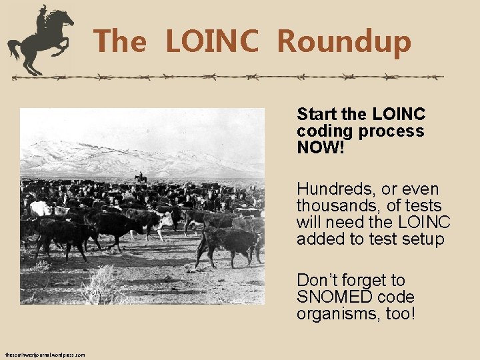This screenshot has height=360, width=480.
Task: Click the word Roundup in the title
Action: coord(344,41)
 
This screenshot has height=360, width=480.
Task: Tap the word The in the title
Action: coord(120,41)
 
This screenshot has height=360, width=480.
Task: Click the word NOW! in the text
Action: coord(321,147)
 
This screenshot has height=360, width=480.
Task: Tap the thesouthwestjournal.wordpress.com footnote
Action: coord(45,355)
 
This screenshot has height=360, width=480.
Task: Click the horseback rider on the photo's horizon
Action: coord(140,178)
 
